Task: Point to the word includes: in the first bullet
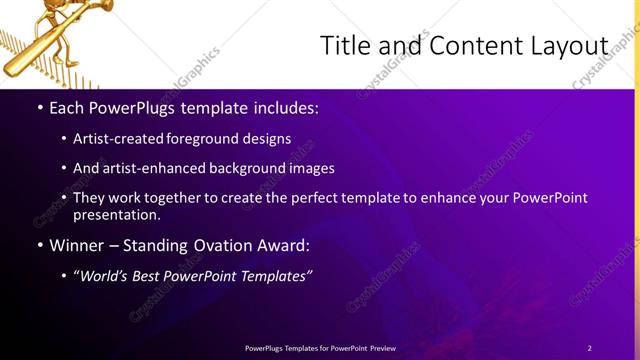283,106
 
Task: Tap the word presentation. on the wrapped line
116,214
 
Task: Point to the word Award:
284,245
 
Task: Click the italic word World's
107,276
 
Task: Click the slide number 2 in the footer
590,348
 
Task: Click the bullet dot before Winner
39,246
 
